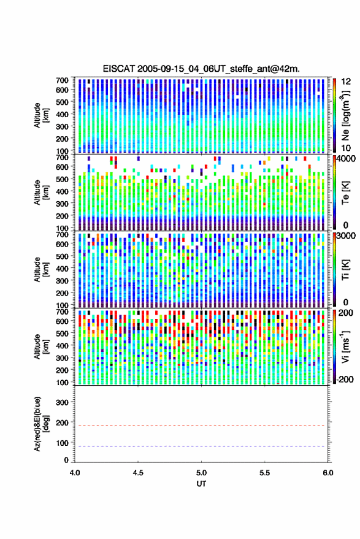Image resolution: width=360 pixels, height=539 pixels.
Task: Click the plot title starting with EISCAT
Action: click(201, 69)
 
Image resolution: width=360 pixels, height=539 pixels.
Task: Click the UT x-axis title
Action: click(201, 484)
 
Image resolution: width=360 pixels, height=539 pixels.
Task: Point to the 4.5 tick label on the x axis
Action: click(138, 473)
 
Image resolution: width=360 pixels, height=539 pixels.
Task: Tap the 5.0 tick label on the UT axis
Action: click(201, 473)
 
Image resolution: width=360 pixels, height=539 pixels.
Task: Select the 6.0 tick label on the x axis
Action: click(327, 473)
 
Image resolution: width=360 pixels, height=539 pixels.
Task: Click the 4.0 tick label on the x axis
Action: click(75, 473)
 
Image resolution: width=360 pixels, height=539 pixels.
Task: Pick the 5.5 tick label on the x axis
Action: click(264, 473)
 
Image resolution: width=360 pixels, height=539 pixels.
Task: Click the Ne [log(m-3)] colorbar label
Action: click(345, 115)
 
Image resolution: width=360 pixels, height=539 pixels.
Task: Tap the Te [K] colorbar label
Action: click(345, 193)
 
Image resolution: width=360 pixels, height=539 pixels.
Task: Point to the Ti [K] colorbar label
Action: click(345, 270)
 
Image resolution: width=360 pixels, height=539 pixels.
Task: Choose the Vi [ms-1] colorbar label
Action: click(345, 346)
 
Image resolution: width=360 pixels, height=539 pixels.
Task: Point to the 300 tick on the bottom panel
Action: click(62, 402)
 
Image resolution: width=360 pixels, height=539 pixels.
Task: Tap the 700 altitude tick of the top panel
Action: click(62, 80)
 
